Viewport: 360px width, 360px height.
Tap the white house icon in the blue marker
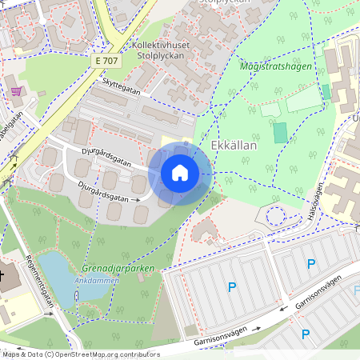(x=180, y=173)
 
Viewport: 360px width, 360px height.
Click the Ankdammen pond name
(x=99, y=281)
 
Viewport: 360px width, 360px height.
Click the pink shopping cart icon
(x=17, y=91)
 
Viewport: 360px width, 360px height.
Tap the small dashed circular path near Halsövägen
(x=276, y=215)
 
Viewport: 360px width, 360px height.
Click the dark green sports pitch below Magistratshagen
(x=279, y=133)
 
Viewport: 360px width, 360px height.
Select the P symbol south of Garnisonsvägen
(x=305, y=334)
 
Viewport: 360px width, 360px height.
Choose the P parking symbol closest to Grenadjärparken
(x=232, y=286)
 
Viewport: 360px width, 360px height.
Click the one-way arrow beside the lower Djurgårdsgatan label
(x=136, y=198)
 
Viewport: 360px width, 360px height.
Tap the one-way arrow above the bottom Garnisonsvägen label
(x=258, y=329)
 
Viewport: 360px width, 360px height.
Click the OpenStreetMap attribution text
(x=80, y=354)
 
